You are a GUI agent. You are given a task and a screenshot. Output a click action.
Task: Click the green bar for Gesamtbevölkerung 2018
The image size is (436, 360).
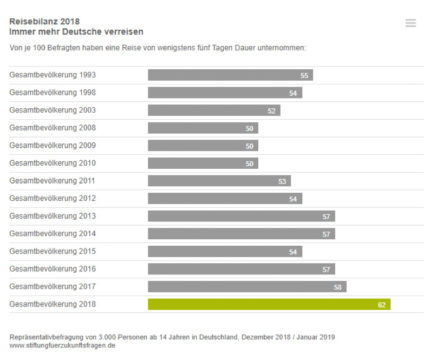pyautogui.click(x=269, y=304)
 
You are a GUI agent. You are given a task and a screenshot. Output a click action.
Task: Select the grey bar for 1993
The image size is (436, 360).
pyautogui.click(x=230, y=75)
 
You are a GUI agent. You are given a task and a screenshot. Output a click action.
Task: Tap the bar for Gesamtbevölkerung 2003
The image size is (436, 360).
pyautogui.click(x=214, y=110)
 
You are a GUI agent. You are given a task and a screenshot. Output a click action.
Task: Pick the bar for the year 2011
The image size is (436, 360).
pyautogui.click(x=219, y=181)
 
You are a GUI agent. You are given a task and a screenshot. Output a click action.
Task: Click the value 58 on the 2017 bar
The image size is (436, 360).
pyautogui.click(x=338, y=287)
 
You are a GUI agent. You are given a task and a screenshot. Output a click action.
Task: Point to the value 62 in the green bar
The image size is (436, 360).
pyautogui.click(x=382, y=305)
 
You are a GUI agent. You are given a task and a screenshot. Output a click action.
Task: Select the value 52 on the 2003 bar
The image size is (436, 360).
pyautogui.click(x=271, y=111)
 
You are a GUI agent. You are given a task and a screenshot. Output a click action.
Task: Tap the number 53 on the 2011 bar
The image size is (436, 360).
pyautogui.click(x=282, y=181)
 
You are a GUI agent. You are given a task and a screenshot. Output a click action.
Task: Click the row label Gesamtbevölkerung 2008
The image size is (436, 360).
pyautogui.click(x=53, y=128)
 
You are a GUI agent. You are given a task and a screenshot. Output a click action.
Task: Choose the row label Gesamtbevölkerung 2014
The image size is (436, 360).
pyautogui.click(x=53, y=233)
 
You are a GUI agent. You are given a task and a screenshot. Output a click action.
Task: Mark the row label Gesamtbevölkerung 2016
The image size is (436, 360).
pyautogui.click(x=53, y=269)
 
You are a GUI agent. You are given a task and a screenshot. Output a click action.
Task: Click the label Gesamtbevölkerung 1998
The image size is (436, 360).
pyautogui.click(x=53, y=93)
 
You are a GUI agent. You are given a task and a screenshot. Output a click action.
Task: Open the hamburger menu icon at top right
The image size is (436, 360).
pyautogui.click(x=411, y=23)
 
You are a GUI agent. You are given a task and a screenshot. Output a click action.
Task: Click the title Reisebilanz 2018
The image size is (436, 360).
pyautogui.click(x=44, y=22)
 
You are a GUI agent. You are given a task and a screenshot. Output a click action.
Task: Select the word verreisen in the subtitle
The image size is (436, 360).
pyautogui.click(x=125, y=32)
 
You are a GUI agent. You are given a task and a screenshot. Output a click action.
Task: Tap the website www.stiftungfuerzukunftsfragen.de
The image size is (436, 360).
pyautogui.click(x=62, y=345)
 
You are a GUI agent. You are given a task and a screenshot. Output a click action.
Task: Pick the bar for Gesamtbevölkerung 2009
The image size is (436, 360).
pyautogui.click(x=203, y=146)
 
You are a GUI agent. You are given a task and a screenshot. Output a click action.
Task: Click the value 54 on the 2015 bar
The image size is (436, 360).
pyautogui.click(x=293, y=252)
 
